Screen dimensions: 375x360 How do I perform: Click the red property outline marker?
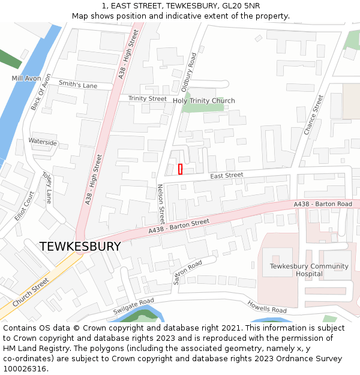click(x=180, y=169)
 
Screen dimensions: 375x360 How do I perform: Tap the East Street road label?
click(x=226, y=176)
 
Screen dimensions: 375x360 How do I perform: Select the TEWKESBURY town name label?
click(x=80, y=247)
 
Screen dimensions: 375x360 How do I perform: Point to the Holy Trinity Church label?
click(x=204, y=101)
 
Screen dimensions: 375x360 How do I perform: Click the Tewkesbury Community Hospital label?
click(x=309, y=270)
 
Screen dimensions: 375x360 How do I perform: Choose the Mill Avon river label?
click(x=26, y=79)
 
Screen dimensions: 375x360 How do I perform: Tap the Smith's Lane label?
click(x=79, y=86)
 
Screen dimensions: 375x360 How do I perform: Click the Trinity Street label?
click(x=148, y=98)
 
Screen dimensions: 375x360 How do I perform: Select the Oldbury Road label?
click(x=189, y=72)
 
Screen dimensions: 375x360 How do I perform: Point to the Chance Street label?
click(x=313, y=115)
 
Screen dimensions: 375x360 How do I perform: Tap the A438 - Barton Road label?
click(x=323, y=205)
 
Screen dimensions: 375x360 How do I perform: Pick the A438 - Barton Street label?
click(x=179, y=226)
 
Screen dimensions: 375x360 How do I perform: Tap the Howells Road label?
click(x=267, y=307)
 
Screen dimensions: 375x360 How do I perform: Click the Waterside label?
click(x=43, y=143)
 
